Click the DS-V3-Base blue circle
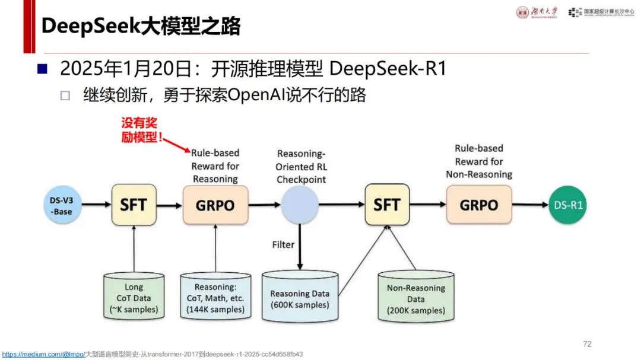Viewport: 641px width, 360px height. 62,205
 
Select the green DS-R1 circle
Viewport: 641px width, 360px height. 567,205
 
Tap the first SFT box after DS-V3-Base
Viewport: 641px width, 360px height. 134,205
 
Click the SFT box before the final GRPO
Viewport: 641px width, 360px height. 387,205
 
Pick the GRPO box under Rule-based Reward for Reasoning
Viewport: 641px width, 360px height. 215,205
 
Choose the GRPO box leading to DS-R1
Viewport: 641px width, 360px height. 479,205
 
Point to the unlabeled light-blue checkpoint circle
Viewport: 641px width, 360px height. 300,205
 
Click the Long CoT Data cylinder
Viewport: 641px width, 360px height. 134,296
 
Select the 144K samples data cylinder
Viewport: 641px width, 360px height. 215,296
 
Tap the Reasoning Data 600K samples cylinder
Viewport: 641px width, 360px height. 300,297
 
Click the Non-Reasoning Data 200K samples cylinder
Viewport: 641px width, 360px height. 415,297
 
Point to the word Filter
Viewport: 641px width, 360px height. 283,245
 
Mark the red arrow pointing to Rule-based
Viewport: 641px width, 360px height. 177,145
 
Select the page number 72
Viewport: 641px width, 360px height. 587,344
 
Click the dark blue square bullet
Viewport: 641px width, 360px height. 43,68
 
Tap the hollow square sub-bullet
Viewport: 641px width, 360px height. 65,95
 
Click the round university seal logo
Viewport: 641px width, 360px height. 522,12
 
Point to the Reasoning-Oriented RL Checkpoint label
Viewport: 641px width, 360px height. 302,167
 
